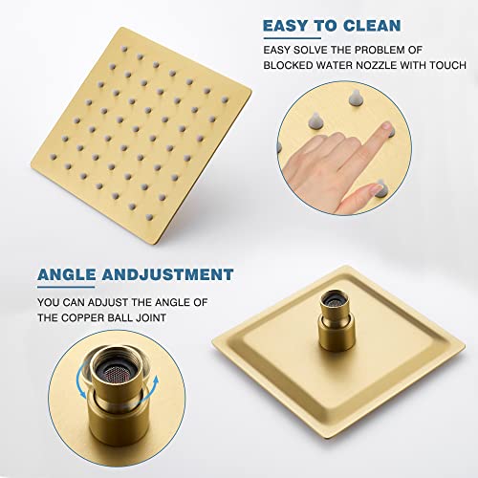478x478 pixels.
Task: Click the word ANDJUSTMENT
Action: click(x=173, y=275)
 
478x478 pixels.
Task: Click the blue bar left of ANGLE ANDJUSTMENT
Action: click(x=33, y=275)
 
